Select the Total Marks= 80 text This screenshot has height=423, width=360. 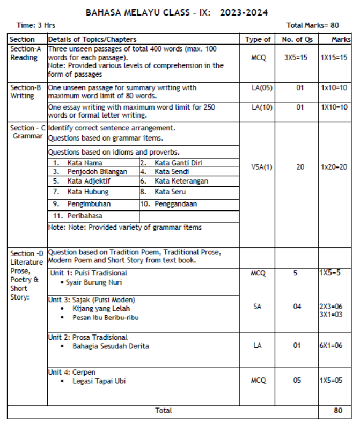point(312,25)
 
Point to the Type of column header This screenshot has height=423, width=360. point(258,39)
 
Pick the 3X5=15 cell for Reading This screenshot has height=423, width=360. point(296,57)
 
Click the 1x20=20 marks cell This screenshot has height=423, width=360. point(333,167)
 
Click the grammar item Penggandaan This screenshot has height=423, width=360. point(175,204)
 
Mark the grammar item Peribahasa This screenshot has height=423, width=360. point(85,216)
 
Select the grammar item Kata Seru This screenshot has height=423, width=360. point(171,192)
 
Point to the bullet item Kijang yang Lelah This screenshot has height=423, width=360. point(101,309)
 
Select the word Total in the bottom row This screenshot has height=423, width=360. point(164,411)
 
